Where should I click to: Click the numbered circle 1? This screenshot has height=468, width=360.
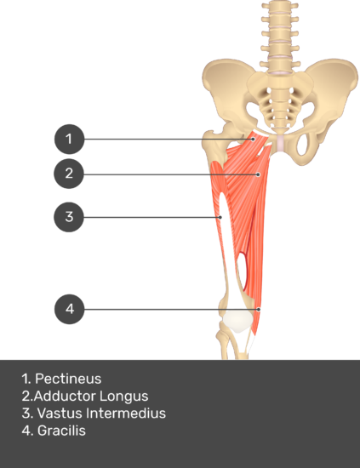69,139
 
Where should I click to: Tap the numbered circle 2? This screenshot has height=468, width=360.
69,174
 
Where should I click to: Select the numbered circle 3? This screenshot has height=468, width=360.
69,217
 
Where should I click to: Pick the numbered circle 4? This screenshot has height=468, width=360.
70,309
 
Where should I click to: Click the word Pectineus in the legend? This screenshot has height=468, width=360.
68,379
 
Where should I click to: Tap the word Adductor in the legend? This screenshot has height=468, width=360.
65,396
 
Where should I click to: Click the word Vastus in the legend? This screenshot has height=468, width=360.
60,414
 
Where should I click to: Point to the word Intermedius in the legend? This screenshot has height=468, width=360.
126,414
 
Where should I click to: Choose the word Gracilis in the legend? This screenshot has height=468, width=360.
61,431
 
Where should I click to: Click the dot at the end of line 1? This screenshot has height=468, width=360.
253,139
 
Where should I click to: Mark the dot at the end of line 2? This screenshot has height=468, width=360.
258,174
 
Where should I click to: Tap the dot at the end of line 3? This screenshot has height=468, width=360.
220,217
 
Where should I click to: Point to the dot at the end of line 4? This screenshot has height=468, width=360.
259,310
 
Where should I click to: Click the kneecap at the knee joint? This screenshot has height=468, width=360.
237,321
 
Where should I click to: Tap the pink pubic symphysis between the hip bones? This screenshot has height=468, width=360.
281,143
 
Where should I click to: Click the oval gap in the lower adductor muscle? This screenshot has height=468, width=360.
243,271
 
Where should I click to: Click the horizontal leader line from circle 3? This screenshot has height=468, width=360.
151,217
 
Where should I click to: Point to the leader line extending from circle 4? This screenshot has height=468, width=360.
171,310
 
